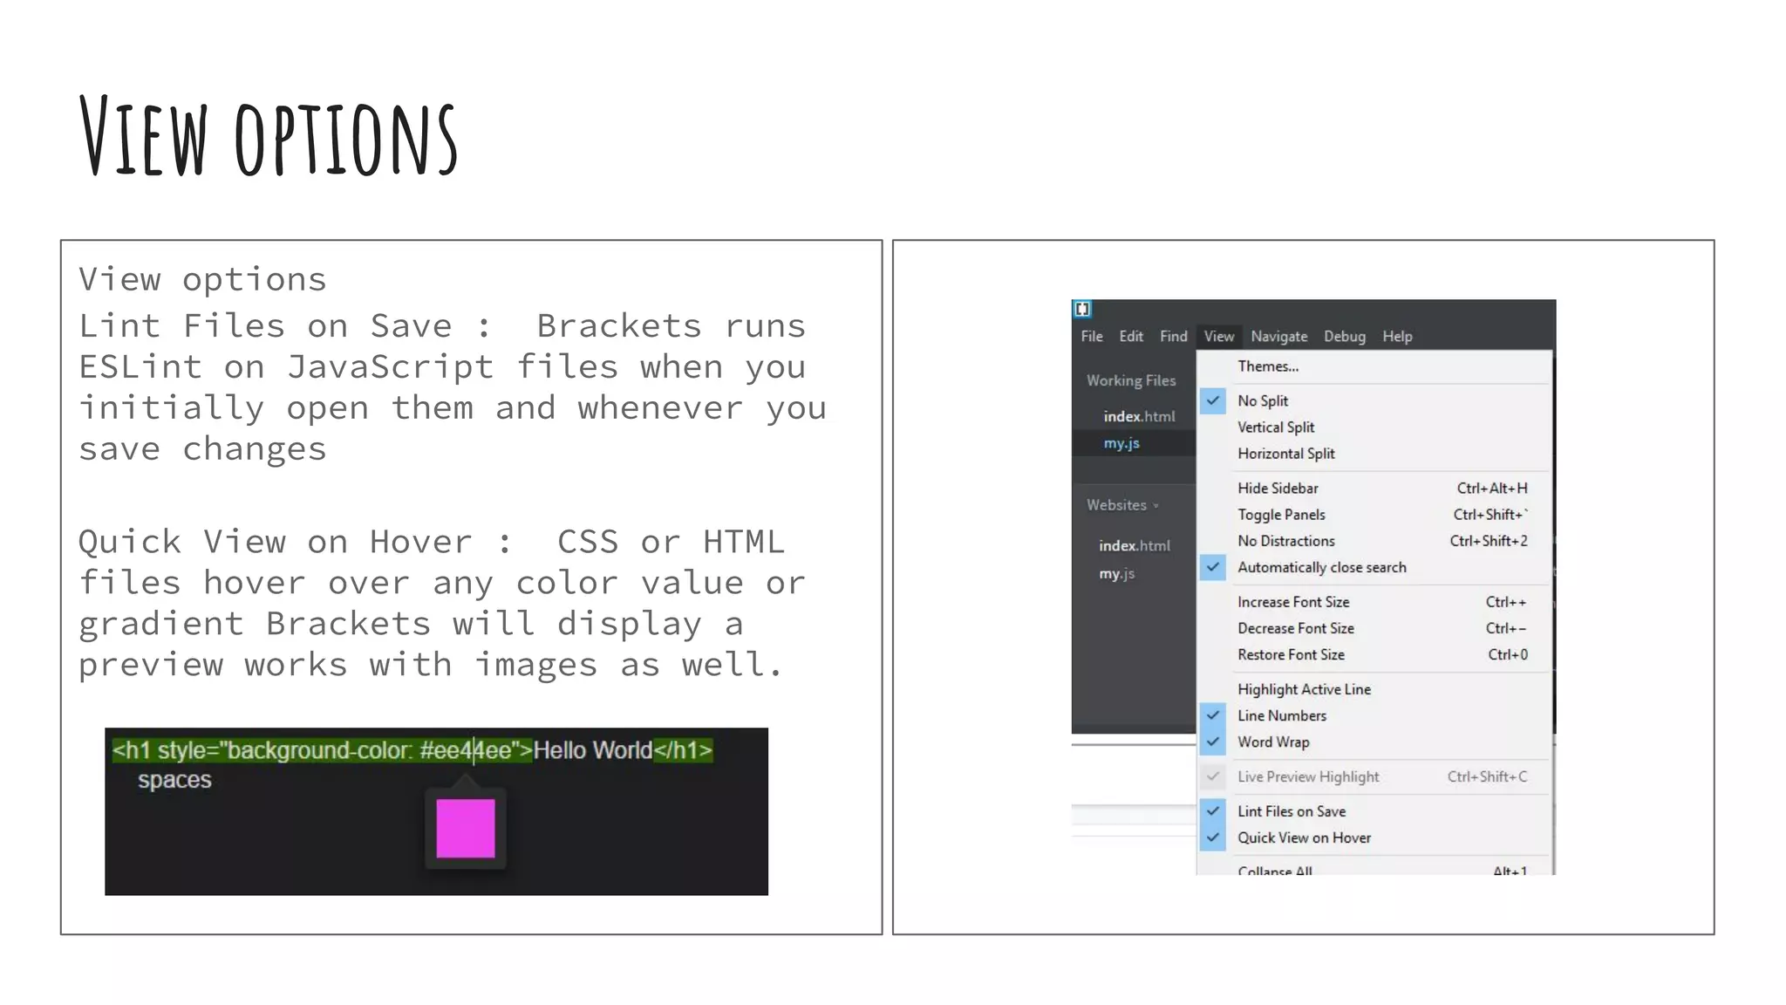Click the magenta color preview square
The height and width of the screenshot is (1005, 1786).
pos(465,828)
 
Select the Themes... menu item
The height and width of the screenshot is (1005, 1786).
pos(1267,366)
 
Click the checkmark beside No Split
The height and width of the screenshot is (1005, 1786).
pos(1213,400)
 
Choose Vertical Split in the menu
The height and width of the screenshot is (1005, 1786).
pos(1275,427)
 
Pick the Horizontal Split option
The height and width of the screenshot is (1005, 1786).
pos(1285,454)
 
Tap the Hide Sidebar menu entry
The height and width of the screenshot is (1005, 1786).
pos(1278,489)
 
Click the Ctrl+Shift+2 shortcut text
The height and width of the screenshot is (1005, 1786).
pos(1488,541)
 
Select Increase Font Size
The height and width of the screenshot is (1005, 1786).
pos(1292,602)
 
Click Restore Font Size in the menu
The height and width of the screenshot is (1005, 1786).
pos(1291,654)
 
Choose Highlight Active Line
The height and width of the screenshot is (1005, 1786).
pos(1304,689)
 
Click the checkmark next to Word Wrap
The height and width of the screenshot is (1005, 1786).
pos(1213,742)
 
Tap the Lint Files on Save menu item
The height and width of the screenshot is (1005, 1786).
pos(1291,811)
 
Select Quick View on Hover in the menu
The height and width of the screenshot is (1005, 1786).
pos(1304,837)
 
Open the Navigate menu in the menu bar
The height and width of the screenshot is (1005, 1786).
pos(1278,337)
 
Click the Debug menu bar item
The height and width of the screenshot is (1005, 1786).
pos(1344,337)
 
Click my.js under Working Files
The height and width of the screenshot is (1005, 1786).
pos(1121,443)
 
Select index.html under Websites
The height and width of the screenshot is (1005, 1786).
pos(1134,546)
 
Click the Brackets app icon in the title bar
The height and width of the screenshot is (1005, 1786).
pos(1082,309)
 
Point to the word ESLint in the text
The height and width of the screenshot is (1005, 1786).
pos(140,367)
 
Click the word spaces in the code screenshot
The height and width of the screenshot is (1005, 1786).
pos(174,780)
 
